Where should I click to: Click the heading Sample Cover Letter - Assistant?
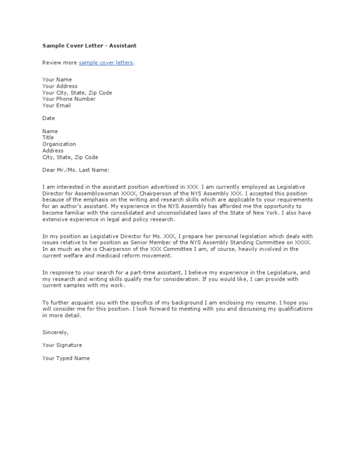pos(89,46)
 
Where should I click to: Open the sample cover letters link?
pos(106,63)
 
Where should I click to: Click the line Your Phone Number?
pos(69,99)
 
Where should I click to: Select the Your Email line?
pos(56,105)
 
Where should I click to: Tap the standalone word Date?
pos(49,118)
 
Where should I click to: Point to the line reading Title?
pos(48,138)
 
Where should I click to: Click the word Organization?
pos(59,144)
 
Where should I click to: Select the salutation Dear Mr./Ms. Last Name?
pos(75,170)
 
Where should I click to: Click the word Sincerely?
pos(55,332)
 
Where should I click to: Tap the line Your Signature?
pos(62,345)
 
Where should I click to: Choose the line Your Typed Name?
pos(66,358)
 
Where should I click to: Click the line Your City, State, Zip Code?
pos(77,93)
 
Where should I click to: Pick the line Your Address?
pos(60,86)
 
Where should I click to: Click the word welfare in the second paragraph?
pos(74,256)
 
